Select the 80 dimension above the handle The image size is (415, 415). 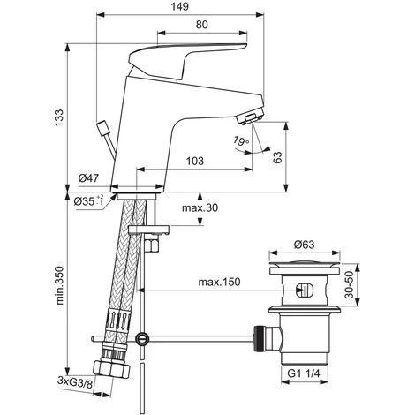click(203, 26)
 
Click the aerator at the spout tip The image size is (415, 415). click(253, 117)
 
